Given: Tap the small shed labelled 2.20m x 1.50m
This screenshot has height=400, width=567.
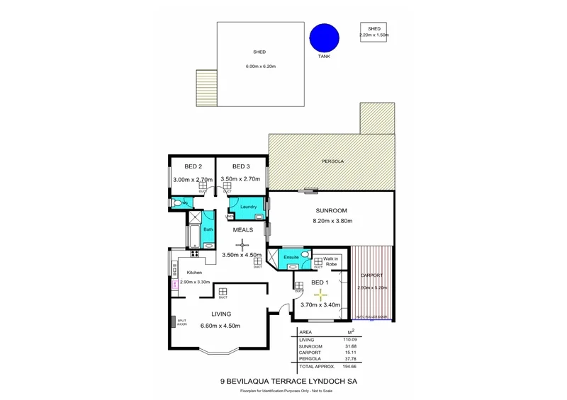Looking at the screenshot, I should point(374,32).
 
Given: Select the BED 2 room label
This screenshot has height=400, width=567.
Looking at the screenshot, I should point(184,166).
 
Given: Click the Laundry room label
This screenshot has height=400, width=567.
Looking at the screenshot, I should point(247,206).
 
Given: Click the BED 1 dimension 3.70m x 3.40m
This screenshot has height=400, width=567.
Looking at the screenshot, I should point(320,304).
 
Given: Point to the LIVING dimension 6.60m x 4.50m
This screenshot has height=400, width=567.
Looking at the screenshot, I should point(220,326).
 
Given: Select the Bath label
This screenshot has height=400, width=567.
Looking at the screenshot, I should point(208,229).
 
